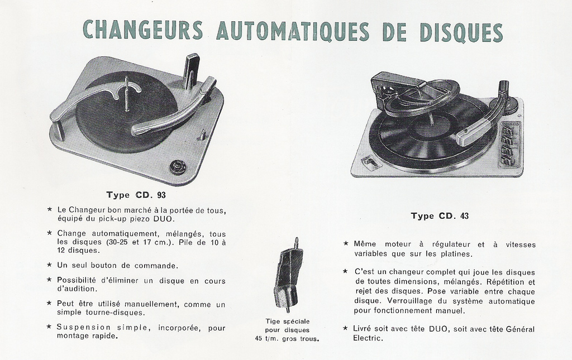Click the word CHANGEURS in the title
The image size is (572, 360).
click(142, 30)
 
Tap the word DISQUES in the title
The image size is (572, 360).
click(461, 32)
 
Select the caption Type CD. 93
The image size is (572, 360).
click(136, 195)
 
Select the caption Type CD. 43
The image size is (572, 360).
click(440, 215)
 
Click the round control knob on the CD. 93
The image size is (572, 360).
click(178, 167)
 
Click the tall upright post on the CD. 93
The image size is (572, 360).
click(192, 71)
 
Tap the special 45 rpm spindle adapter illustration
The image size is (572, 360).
click(289, 275)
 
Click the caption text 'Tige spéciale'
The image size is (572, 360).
click(288, 321)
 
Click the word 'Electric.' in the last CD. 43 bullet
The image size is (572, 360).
click(368, 338)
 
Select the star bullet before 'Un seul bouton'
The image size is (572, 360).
click(49, 265)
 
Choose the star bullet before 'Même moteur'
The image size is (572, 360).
click(346, 243)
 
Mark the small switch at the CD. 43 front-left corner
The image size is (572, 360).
click(370, 162)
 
